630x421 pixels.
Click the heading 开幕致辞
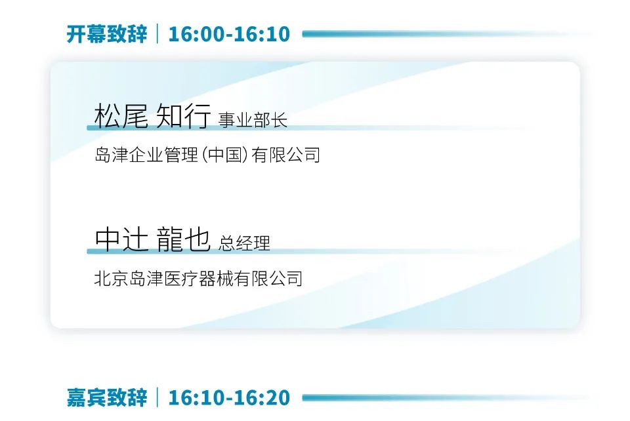107,34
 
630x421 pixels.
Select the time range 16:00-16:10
229,34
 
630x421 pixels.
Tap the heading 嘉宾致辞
107,398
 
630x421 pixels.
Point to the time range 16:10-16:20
229,398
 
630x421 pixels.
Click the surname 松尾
121,115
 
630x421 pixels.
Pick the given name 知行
183,115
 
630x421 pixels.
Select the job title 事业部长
253,120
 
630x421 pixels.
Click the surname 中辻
121,239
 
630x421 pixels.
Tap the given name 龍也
184,239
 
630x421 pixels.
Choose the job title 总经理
244,243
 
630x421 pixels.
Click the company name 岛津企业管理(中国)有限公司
207,155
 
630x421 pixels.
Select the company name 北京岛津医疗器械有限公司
198,278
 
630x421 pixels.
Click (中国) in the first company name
225,155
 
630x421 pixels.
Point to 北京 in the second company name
112,278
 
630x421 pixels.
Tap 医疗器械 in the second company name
198,278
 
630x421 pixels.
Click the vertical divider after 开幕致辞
157,33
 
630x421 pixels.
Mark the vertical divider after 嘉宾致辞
157,397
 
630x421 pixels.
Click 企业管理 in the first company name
164,155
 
